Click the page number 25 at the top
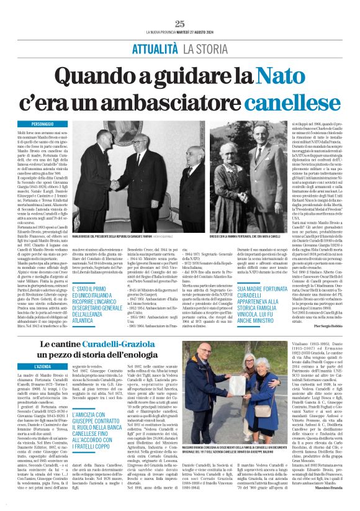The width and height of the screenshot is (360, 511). (x=180, y=24)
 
